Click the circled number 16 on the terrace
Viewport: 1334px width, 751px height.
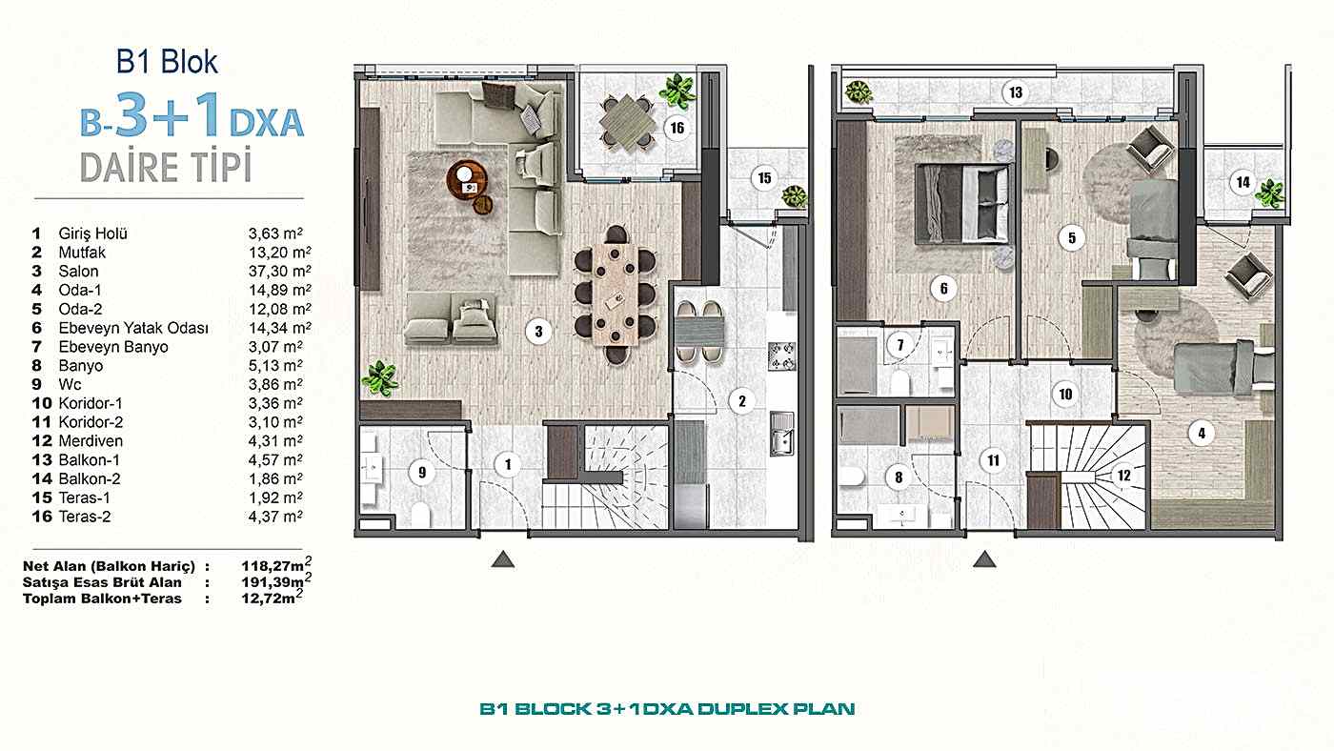tap(677, 128)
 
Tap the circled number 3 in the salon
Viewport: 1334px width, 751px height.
tap(538, 332)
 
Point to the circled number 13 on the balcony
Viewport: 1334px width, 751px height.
tap(1016, 92)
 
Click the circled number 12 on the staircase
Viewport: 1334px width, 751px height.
tap(1124, 475)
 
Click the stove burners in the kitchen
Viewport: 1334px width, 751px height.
tap(781, 357)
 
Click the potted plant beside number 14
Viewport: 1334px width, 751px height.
tap(1268, 193)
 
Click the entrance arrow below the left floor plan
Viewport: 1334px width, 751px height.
tap(502, 559)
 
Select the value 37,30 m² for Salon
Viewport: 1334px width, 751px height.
tap(274, 272)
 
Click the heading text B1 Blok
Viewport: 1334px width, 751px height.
tap(167, 62)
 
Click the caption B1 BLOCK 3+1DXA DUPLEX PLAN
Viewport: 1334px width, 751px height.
tap(667, 709)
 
